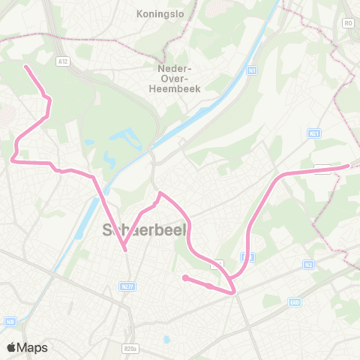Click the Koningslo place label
[155, 13]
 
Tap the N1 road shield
[253, 70]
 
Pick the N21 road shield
[315, 133]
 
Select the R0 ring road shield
[348, 22]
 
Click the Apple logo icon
[11, 347]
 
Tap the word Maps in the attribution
[34, 347]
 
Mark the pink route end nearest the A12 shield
[26, 66]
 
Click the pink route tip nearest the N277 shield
[125, 250]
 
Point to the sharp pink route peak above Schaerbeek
[160, 193]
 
